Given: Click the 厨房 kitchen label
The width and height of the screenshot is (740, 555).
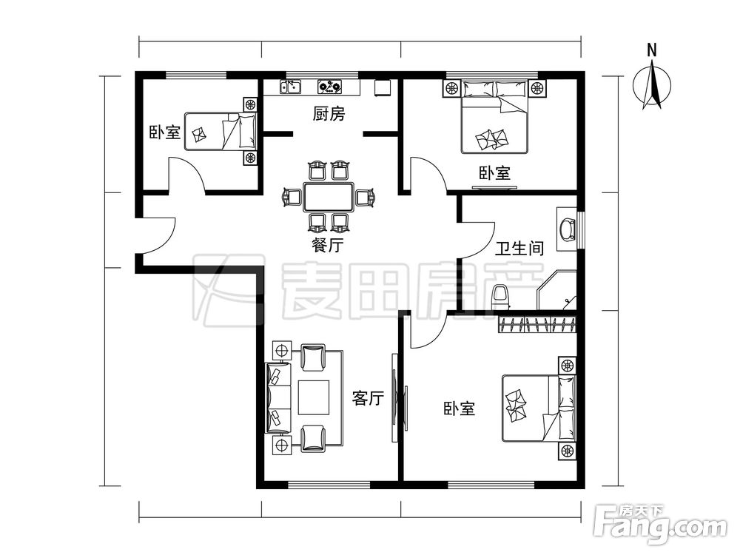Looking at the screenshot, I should [329, 114].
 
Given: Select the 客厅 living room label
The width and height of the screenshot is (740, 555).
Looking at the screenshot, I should [368, 399].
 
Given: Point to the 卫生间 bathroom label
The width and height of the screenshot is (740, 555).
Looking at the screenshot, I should [519, 248].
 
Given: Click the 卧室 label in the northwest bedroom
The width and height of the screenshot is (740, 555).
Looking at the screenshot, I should [164, 133].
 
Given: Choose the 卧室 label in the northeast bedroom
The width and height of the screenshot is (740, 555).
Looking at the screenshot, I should [494, 173].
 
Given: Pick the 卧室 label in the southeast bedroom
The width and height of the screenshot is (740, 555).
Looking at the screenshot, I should [460, 408].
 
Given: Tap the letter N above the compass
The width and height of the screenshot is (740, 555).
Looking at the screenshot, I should [651, 50].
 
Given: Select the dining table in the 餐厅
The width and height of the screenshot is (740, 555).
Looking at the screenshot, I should [329, 198].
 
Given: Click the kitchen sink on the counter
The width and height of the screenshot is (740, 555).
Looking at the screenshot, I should [290, 87].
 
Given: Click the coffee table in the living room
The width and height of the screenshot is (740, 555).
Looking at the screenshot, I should [314, 397].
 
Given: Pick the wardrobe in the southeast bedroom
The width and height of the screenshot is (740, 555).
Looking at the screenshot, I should [538, 323].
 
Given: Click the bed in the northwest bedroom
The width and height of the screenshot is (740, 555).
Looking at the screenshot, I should [221, 132].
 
